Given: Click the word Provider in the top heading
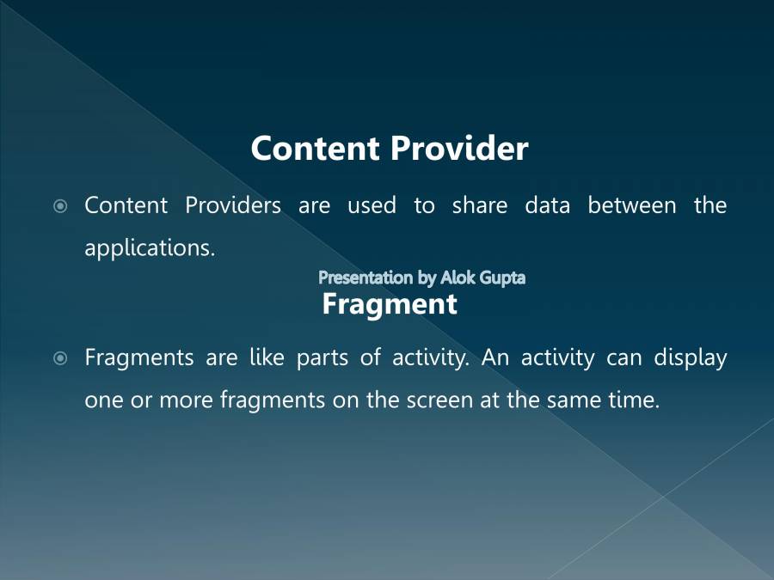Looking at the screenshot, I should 459,149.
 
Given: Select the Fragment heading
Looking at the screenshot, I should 389,304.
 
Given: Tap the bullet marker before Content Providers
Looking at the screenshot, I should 60,206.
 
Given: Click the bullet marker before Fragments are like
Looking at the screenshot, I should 60,358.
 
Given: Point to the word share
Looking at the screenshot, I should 479,206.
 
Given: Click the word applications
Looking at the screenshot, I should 149,248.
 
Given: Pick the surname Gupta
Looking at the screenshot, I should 503,278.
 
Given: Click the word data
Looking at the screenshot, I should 547,206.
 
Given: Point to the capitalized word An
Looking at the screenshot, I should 495,357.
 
